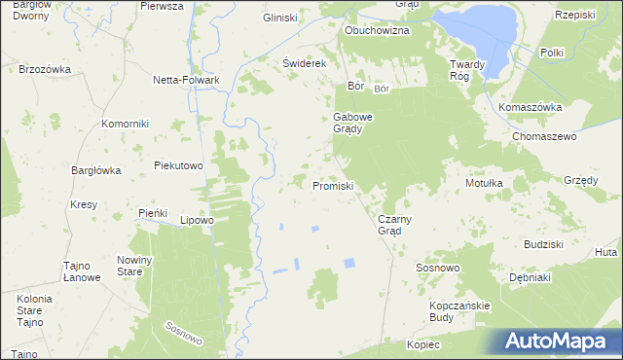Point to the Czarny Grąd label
click(396, 225)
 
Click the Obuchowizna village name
click(377, 30)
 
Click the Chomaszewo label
click(545, 137)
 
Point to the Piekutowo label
click(178, 165)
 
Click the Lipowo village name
click(197, 220)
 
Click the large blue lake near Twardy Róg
click(477, 34)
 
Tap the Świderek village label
click(302, 62)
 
